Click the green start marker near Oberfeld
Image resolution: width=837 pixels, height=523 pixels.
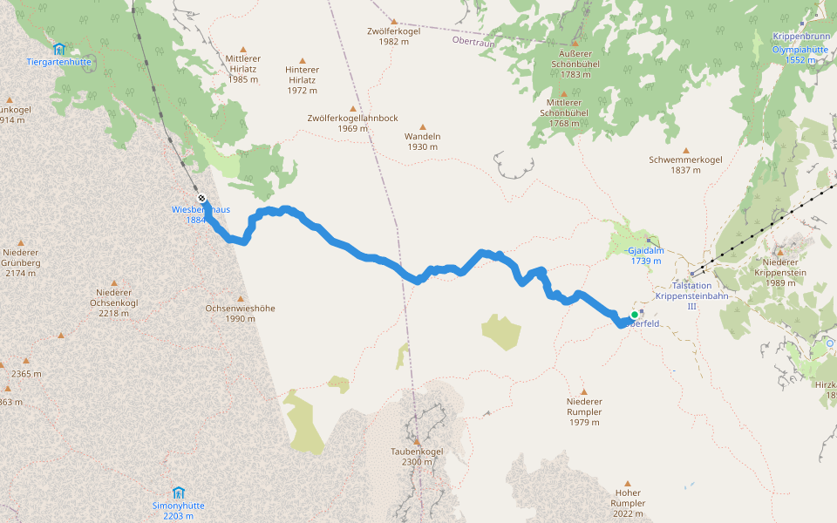[x=634, y=315]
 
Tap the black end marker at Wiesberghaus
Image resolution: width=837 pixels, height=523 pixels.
[x=201, y=198]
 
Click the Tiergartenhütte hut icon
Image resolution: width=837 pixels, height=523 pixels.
[x=58, y=49]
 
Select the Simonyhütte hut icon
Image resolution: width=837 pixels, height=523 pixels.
[x=179, y=492]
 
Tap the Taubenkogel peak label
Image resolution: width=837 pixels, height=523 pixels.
[x=418, y=452]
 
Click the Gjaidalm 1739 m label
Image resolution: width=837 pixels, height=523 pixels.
[x=646, y=255]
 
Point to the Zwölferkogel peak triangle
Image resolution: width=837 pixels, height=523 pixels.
[x=393, y=21]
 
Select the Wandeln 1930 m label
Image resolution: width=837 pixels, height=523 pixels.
[x=422, y=141]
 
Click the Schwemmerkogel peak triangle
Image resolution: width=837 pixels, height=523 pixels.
[x=685, y=150]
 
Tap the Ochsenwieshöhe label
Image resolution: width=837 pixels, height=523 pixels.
[x=240, y=313]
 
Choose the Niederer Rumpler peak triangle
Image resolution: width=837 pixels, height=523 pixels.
[x=584, y=391]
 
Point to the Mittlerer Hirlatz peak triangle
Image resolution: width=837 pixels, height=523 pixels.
[x=242, y=49]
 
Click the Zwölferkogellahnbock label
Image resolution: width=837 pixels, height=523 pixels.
[x=352, y=123]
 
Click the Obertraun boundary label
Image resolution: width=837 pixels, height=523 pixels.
[x=473, y=40]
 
